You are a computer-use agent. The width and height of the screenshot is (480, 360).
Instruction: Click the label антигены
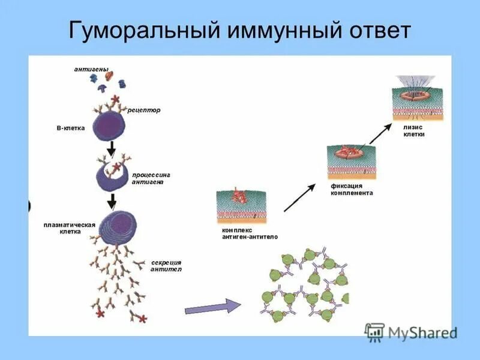(92, 70)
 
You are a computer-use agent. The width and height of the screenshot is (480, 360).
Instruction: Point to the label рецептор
(144, 110)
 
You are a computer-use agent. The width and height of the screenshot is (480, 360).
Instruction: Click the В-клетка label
(71, 128)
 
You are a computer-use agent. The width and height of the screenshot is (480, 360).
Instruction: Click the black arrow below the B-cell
(111, 148)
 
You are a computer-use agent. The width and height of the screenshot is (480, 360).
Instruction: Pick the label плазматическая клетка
(70, 227)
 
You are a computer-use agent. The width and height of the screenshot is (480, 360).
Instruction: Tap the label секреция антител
(166, 266)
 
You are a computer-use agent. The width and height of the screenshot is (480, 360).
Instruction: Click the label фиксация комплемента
(352, 190)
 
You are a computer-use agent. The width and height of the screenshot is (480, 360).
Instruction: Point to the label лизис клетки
(415, 131)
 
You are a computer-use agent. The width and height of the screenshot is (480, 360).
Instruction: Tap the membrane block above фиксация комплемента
(353, 160)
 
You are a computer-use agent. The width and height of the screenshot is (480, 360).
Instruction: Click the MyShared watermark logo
(411, 331)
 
